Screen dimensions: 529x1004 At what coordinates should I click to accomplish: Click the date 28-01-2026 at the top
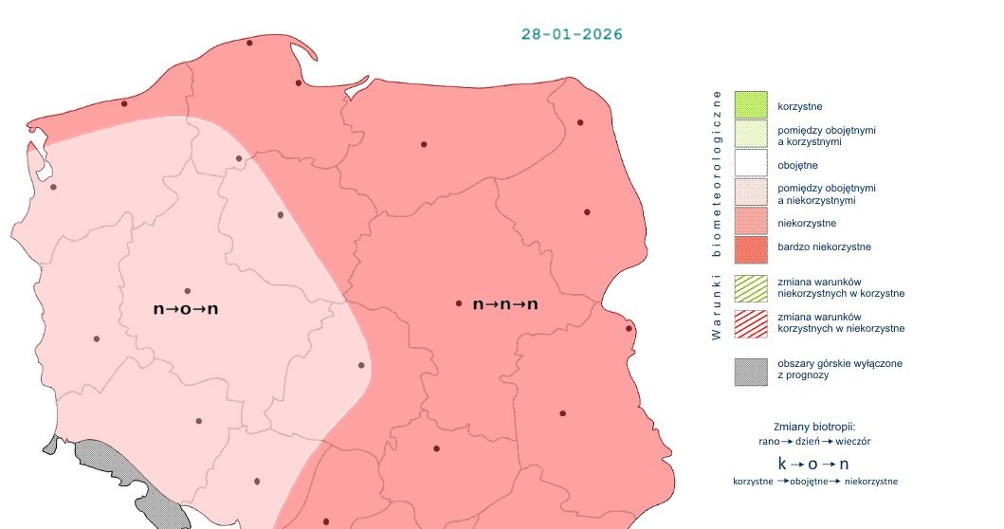[x=572, y=34]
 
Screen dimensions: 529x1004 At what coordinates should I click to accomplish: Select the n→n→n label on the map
[x=505, y=304]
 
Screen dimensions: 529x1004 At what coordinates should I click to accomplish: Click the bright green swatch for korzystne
[x=750, y=105]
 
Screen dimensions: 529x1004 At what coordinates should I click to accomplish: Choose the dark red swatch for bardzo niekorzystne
[x=750, y=247]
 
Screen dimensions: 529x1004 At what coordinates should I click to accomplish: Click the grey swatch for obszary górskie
[x=750, y=370]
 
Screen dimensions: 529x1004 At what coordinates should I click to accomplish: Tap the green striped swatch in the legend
[x=750, y=287]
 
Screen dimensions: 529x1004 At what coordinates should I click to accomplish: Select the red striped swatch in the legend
[x=750, y=322]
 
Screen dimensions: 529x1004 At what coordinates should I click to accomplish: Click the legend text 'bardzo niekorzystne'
[x=824, y=247]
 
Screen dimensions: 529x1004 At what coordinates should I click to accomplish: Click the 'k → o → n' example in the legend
[x=813, y=464]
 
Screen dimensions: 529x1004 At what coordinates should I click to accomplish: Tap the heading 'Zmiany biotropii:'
[x=814, y=426]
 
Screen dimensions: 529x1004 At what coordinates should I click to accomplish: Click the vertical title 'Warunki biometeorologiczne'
[x=717, y=215]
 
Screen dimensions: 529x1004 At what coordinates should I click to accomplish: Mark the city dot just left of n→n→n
[x=459, y=304]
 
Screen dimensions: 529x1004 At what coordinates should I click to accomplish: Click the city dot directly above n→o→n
[x=187, y=291]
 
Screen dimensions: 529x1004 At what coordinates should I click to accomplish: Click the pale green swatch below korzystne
[x=750, y=134]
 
